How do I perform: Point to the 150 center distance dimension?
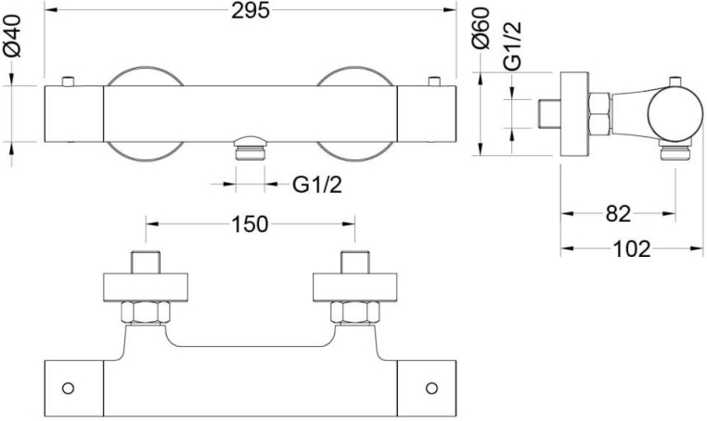pyautogui.click(x=251, y=223)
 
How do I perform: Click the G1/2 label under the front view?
pyautogui.click(x=317, y=185)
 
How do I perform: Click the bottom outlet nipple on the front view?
pyautogui.click(x=251, y=148)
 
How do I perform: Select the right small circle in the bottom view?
pyautogui.click(x=431, y=386)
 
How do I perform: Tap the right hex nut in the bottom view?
pyautogui.click(x=354, y=313)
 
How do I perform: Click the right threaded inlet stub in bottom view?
pyautogui.click(x=354, y=262)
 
